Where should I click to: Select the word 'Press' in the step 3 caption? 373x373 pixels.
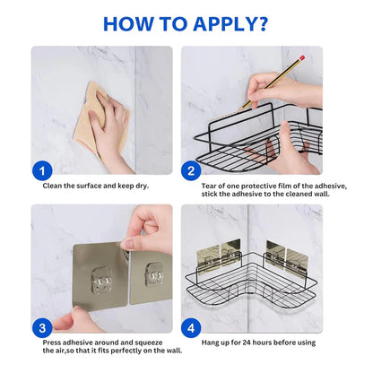[53, 343]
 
